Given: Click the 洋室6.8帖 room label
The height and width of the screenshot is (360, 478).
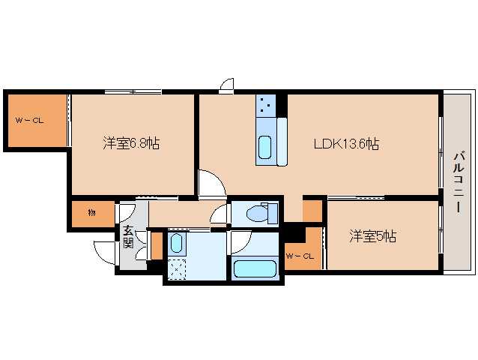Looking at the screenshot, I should click(x=130, y=142).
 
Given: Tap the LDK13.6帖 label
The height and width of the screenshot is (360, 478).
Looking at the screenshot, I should click(x=345, y=143).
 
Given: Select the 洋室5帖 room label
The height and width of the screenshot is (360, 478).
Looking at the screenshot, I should click(x=372, y=237).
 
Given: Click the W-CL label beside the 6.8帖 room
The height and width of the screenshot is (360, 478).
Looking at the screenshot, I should click(x=30, y=120).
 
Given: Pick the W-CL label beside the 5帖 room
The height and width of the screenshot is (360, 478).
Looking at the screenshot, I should click(x=301, y=256).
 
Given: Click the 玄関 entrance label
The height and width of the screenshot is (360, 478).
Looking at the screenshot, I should click(x=128, y=237).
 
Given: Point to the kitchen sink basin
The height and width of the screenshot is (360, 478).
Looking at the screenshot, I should click(x=264, y=148).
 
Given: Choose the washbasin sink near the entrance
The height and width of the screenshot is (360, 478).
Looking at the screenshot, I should click(x=176, y=243).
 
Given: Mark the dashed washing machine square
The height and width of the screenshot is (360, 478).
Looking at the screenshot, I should click(x=178, y=268).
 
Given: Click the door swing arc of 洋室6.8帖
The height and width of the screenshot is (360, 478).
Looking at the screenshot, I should click(x=210, y=182).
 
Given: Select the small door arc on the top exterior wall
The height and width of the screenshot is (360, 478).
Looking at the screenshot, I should click(x=227, y=85).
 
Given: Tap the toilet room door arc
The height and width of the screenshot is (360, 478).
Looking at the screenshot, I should click(x=219, y=215).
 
